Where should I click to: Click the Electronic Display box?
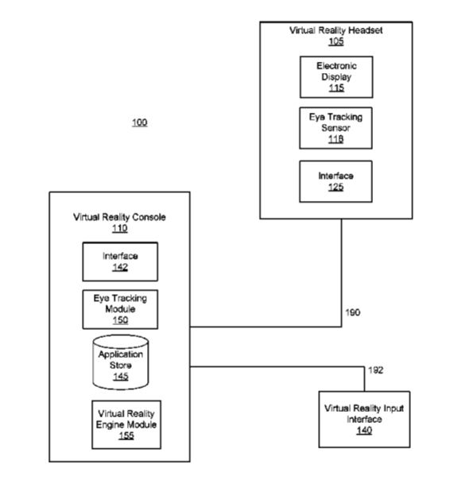(x=336, y=77)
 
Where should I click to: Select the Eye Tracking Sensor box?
(x=335, y=128)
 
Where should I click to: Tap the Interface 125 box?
(x=335, y=181)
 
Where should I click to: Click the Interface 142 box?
(x=120, y=261)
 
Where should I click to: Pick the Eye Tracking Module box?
(x=120, y=309)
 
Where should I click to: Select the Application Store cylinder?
(x=121, y=362)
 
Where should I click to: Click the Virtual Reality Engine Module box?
(x=126, y=424)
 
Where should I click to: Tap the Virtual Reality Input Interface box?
(x=364, y=420)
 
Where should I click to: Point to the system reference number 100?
(x=140, y=122)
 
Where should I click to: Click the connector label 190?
(x=353, y=312)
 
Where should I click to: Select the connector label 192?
(x=376, y=370)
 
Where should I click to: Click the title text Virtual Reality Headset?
(x=335, y=30)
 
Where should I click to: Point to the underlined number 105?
(x=336, y=41)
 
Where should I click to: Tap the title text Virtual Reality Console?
(x=119, y=217)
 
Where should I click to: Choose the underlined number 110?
(x=120, y=228)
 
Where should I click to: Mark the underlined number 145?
(x=121, y=377)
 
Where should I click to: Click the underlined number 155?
(x=126, y=435)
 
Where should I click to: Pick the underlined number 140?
(x=364, y=431)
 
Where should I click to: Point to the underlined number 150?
(x=120, y=320)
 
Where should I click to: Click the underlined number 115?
(x=336, y=88)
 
